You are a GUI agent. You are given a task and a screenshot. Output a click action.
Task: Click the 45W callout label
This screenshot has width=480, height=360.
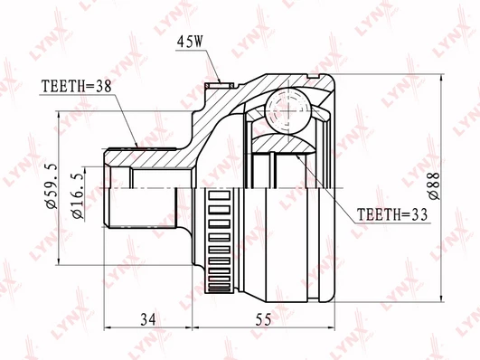[x=190, y=42]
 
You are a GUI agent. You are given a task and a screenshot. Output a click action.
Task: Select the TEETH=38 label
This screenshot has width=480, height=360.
[x=77, y=87]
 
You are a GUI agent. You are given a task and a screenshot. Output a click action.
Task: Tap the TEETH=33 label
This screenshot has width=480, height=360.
[x=392, y=214]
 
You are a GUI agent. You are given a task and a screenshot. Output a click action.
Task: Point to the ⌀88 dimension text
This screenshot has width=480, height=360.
[x=434, y=186]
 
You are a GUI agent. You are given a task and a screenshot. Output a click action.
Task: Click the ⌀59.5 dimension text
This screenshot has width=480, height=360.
[x=52, y=186]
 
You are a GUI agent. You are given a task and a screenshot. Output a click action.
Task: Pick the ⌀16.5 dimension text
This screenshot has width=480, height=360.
[x=78, y=197]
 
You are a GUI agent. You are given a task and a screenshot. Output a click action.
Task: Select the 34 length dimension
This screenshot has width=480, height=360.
[x=148, y=319]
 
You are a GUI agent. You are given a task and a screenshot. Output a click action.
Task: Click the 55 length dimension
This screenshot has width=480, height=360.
[x=263, y=320]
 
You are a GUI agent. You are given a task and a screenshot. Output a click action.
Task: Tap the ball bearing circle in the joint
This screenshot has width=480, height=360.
[x=288, y=111]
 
